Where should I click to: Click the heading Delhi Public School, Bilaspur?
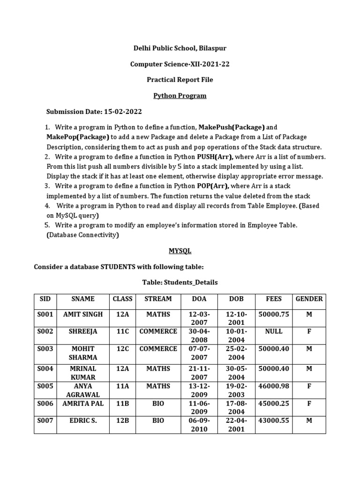coord(180,48)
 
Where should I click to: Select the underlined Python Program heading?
coord(180,96)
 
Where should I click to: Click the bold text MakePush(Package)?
coord(232,127)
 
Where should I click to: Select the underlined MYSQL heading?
coord(180,251)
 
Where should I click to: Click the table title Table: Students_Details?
coord(180,282)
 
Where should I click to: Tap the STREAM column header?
coord(158,299)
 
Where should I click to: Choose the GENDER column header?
coord(309,299)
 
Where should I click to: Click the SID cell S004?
coord(45,369)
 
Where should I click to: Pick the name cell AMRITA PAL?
coord(83,404)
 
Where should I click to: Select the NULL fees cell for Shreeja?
coord(274,331)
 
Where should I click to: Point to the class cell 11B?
coord(122,404)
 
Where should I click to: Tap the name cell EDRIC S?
coord(83,421)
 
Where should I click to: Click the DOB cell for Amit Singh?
coord(236,318)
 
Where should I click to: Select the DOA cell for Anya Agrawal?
coord(196,390)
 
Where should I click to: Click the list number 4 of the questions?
coord(47,206)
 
